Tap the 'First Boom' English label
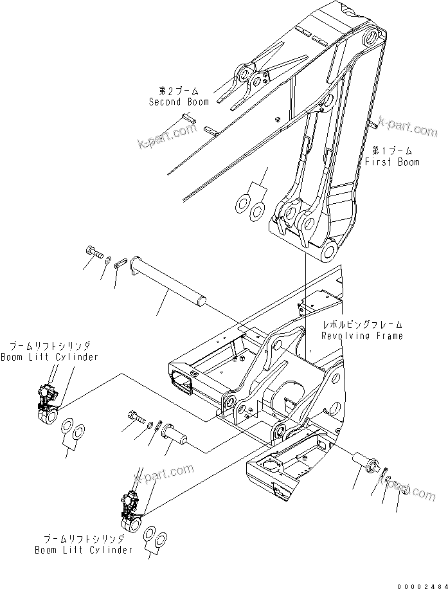[392, 162]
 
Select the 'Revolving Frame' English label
[363, 336]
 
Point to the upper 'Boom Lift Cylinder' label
[49, 357]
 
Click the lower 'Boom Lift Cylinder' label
[84, 550]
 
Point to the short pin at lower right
[368, 462]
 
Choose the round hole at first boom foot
[332, 249]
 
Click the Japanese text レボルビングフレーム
[363, 325]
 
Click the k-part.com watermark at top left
[166, 137]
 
